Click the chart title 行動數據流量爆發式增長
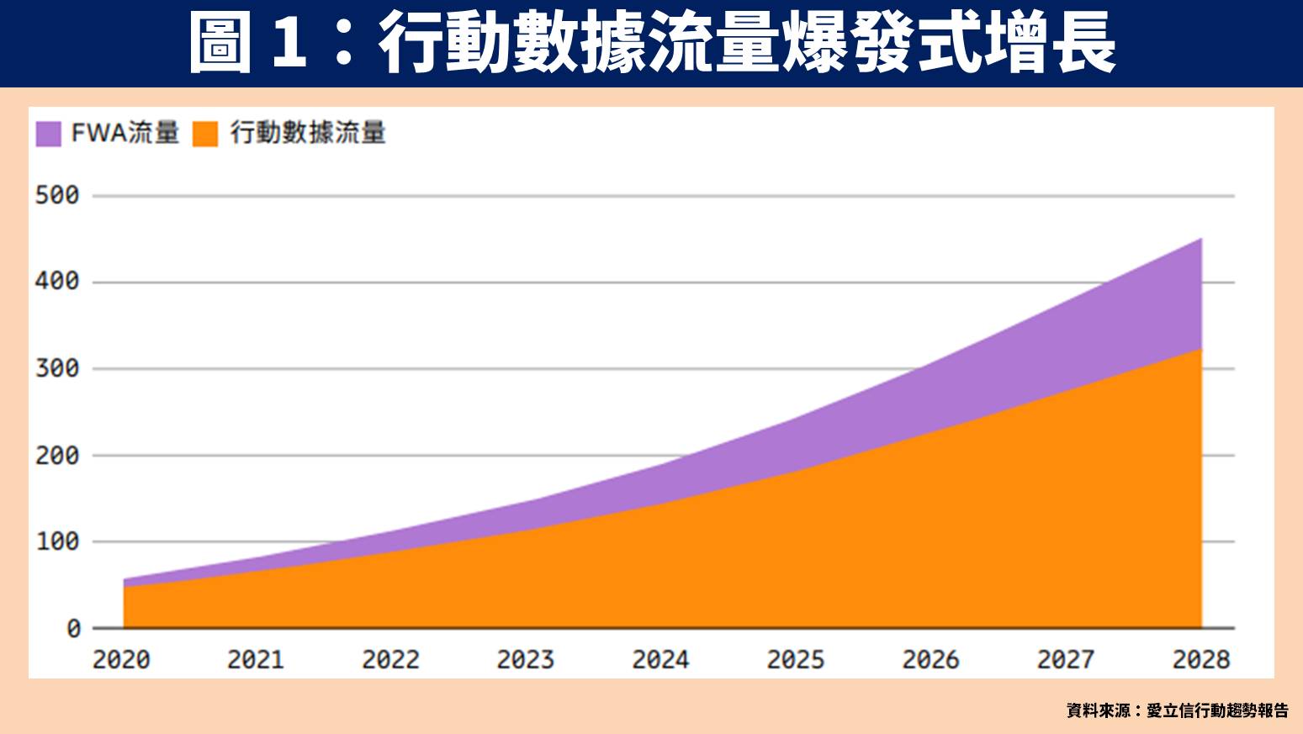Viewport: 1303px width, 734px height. click(747, 43)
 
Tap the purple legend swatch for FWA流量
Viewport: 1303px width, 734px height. click(49, 134)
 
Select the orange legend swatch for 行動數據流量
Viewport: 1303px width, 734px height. click(205, 134)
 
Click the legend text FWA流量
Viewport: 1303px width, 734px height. click(125, 133)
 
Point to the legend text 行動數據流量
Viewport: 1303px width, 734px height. click(308, 133)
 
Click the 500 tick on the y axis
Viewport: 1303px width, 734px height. click(57, 195)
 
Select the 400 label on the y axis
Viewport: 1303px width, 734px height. click(57, 281)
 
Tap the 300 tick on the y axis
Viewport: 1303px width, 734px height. click(57, 368)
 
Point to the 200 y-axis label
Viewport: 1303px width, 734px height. click(57, 456)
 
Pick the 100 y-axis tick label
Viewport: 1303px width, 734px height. click(57, 541)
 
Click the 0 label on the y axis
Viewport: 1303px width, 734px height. click(74, 628)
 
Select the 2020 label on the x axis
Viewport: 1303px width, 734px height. click(121, 660)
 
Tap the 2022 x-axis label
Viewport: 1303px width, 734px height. click(391, 660)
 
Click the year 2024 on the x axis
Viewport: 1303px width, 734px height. click(660, 660)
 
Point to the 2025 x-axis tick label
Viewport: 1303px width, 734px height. click(796, 660)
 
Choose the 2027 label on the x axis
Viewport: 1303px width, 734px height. click(1066, 660)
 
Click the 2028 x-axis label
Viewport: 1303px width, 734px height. click(1201, 660)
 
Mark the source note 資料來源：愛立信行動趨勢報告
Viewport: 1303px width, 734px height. click(1177, 710)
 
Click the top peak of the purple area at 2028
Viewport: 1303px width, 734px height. click(1200, 240)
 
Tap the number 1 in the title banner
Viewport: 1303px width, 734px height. click(289, 43)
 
